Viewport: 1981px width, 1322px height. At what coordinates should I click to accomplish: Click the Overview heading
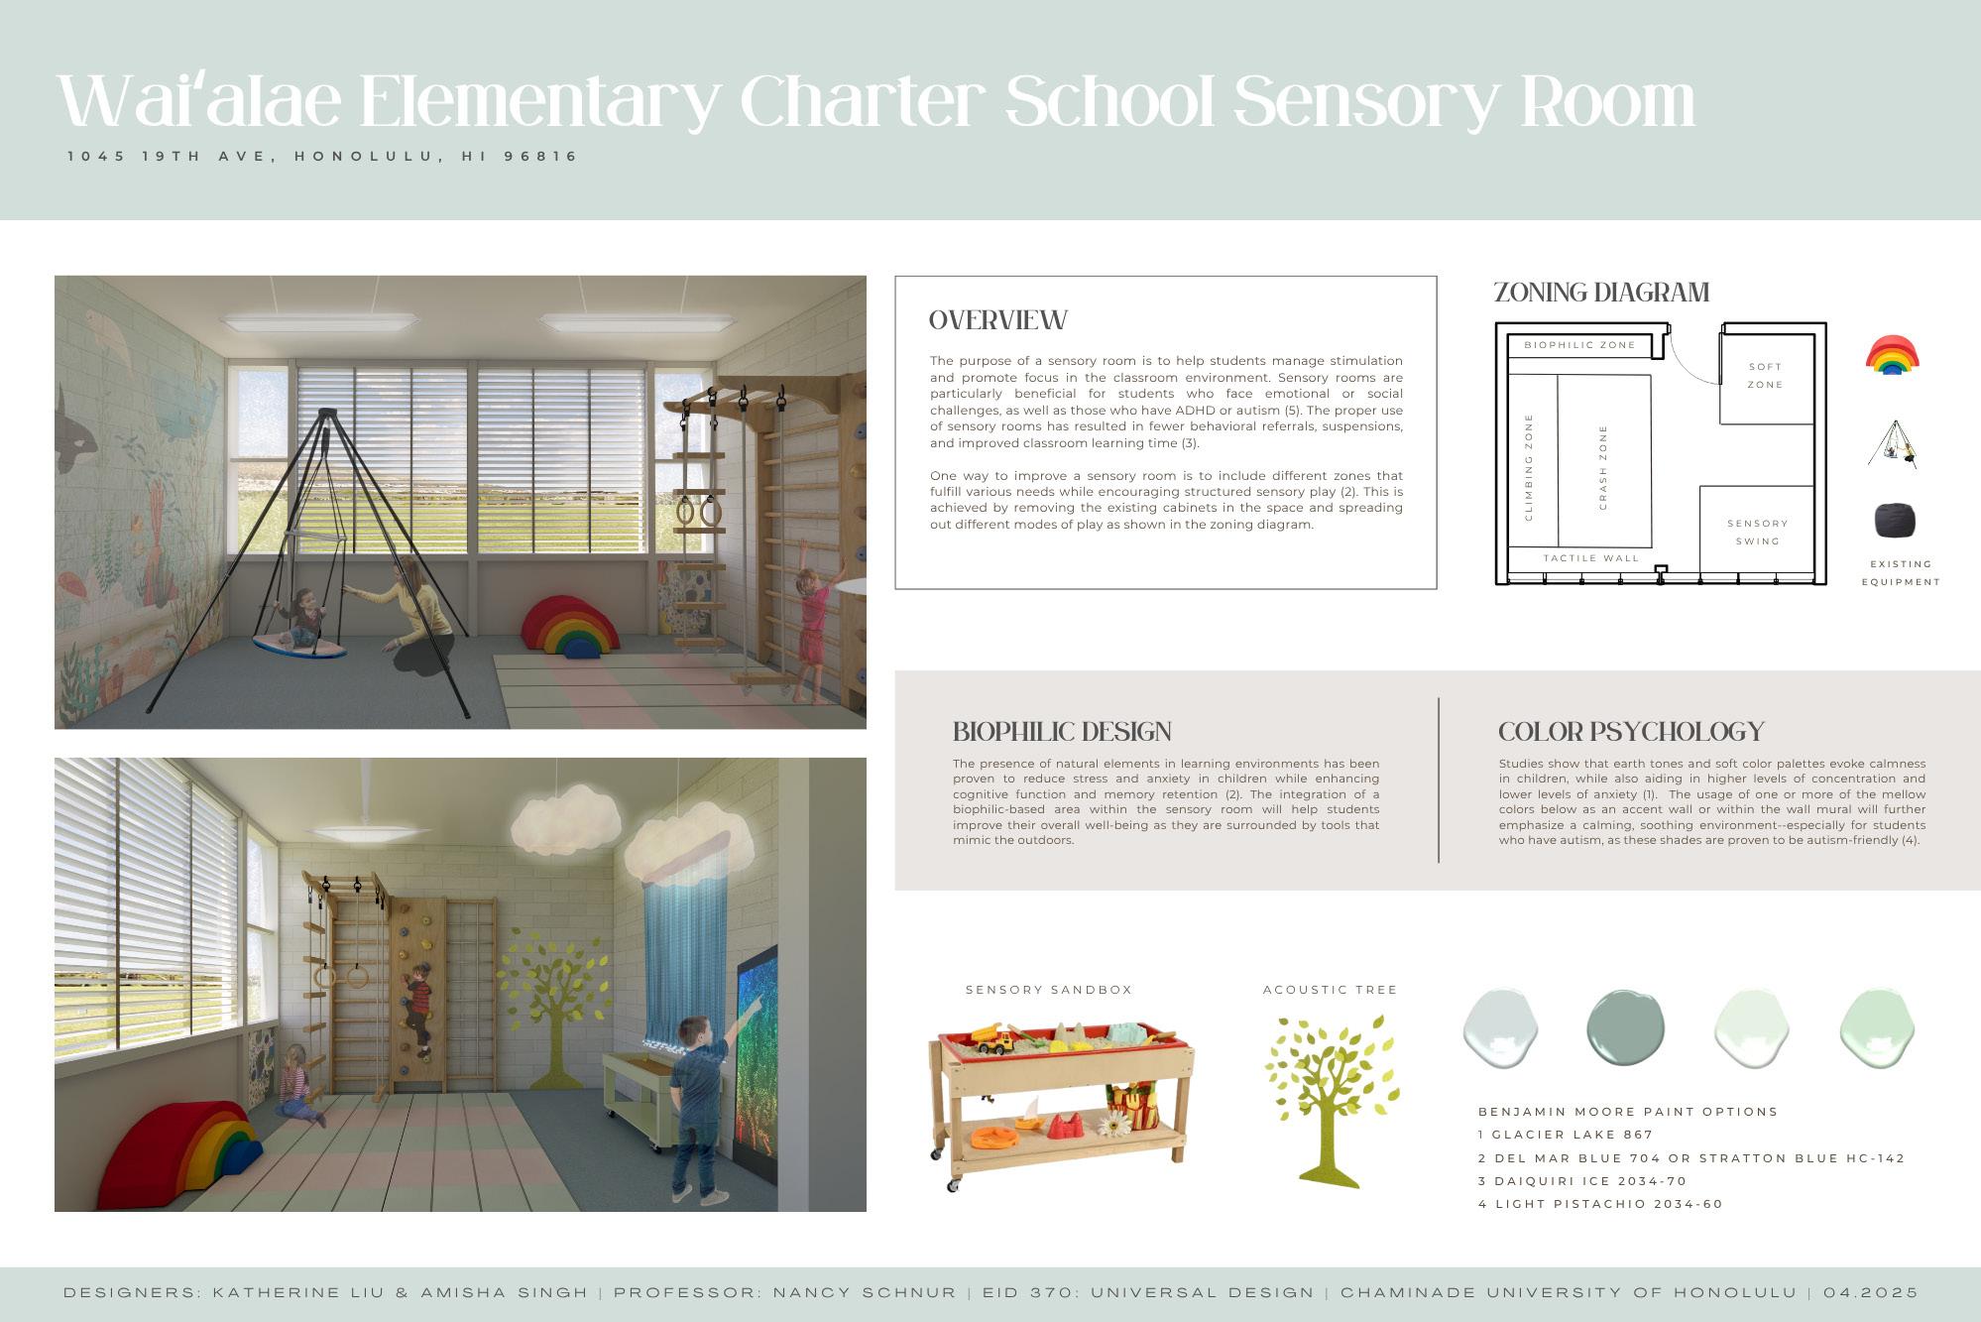tap(997, 320)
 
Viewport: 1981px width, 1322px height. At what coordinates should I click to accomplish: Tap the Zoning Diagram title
tap(1601, 293)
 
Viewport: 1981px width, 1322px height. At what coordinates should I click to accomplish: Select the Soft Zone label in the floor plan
tap(1765, 376)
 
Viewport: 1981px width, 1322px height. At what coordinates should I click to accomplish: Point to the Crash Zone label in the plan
tap(1603, 468)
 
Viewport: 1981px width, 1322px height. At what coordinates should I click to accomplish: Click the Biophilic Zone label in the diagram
tap(1579, 345)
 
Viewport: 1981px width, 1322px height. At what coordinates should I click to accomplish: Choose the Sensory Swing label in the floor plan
tap(1757, 532)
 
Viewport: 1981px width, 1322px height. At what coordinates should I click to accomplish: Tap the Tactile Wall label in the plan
tap(1591, 558)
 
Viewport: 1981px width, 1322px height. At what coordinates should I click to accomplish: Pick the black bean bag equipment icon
tap(1894, 520)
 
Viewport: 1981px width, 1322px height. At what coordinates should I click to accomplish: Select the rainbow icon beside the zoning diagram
tap(1892, 355)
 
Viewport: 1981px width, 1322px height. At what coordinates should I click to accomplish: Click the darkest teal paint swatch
tap(1625, 1027)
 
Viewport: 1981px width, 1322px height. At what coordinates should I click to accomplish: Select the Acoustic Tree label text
tap(1330, 990)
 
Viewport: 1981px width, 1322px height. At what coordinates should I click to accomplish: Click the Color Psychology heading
tap(1631, 732)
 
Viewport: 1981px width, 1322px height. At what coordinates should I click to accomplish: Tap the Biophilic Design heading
tap(1062, 732)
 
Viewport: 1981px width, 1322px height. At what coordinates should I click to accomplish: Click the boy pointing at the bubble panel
tap(701, 1101)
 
